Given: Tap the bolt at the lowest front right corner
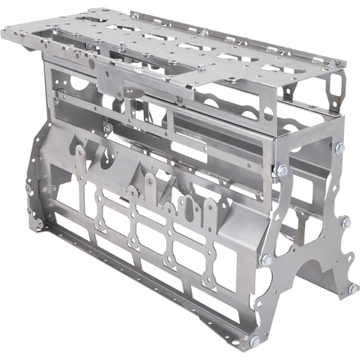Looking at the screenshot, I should (x=254, y=341).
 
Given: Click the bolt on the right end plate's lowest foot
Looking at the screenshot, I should (x=352, y=288).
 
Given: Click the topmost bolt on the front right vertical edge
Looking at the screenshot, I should (x=281, y=169).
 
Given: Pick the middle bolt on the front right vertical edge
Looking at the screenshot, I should (x=266, y=259).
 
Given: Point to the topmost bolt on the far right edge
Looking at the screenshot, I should (x=339, y=148).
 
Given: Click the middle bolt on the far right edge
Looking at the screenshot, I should (x=345, y=222).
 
